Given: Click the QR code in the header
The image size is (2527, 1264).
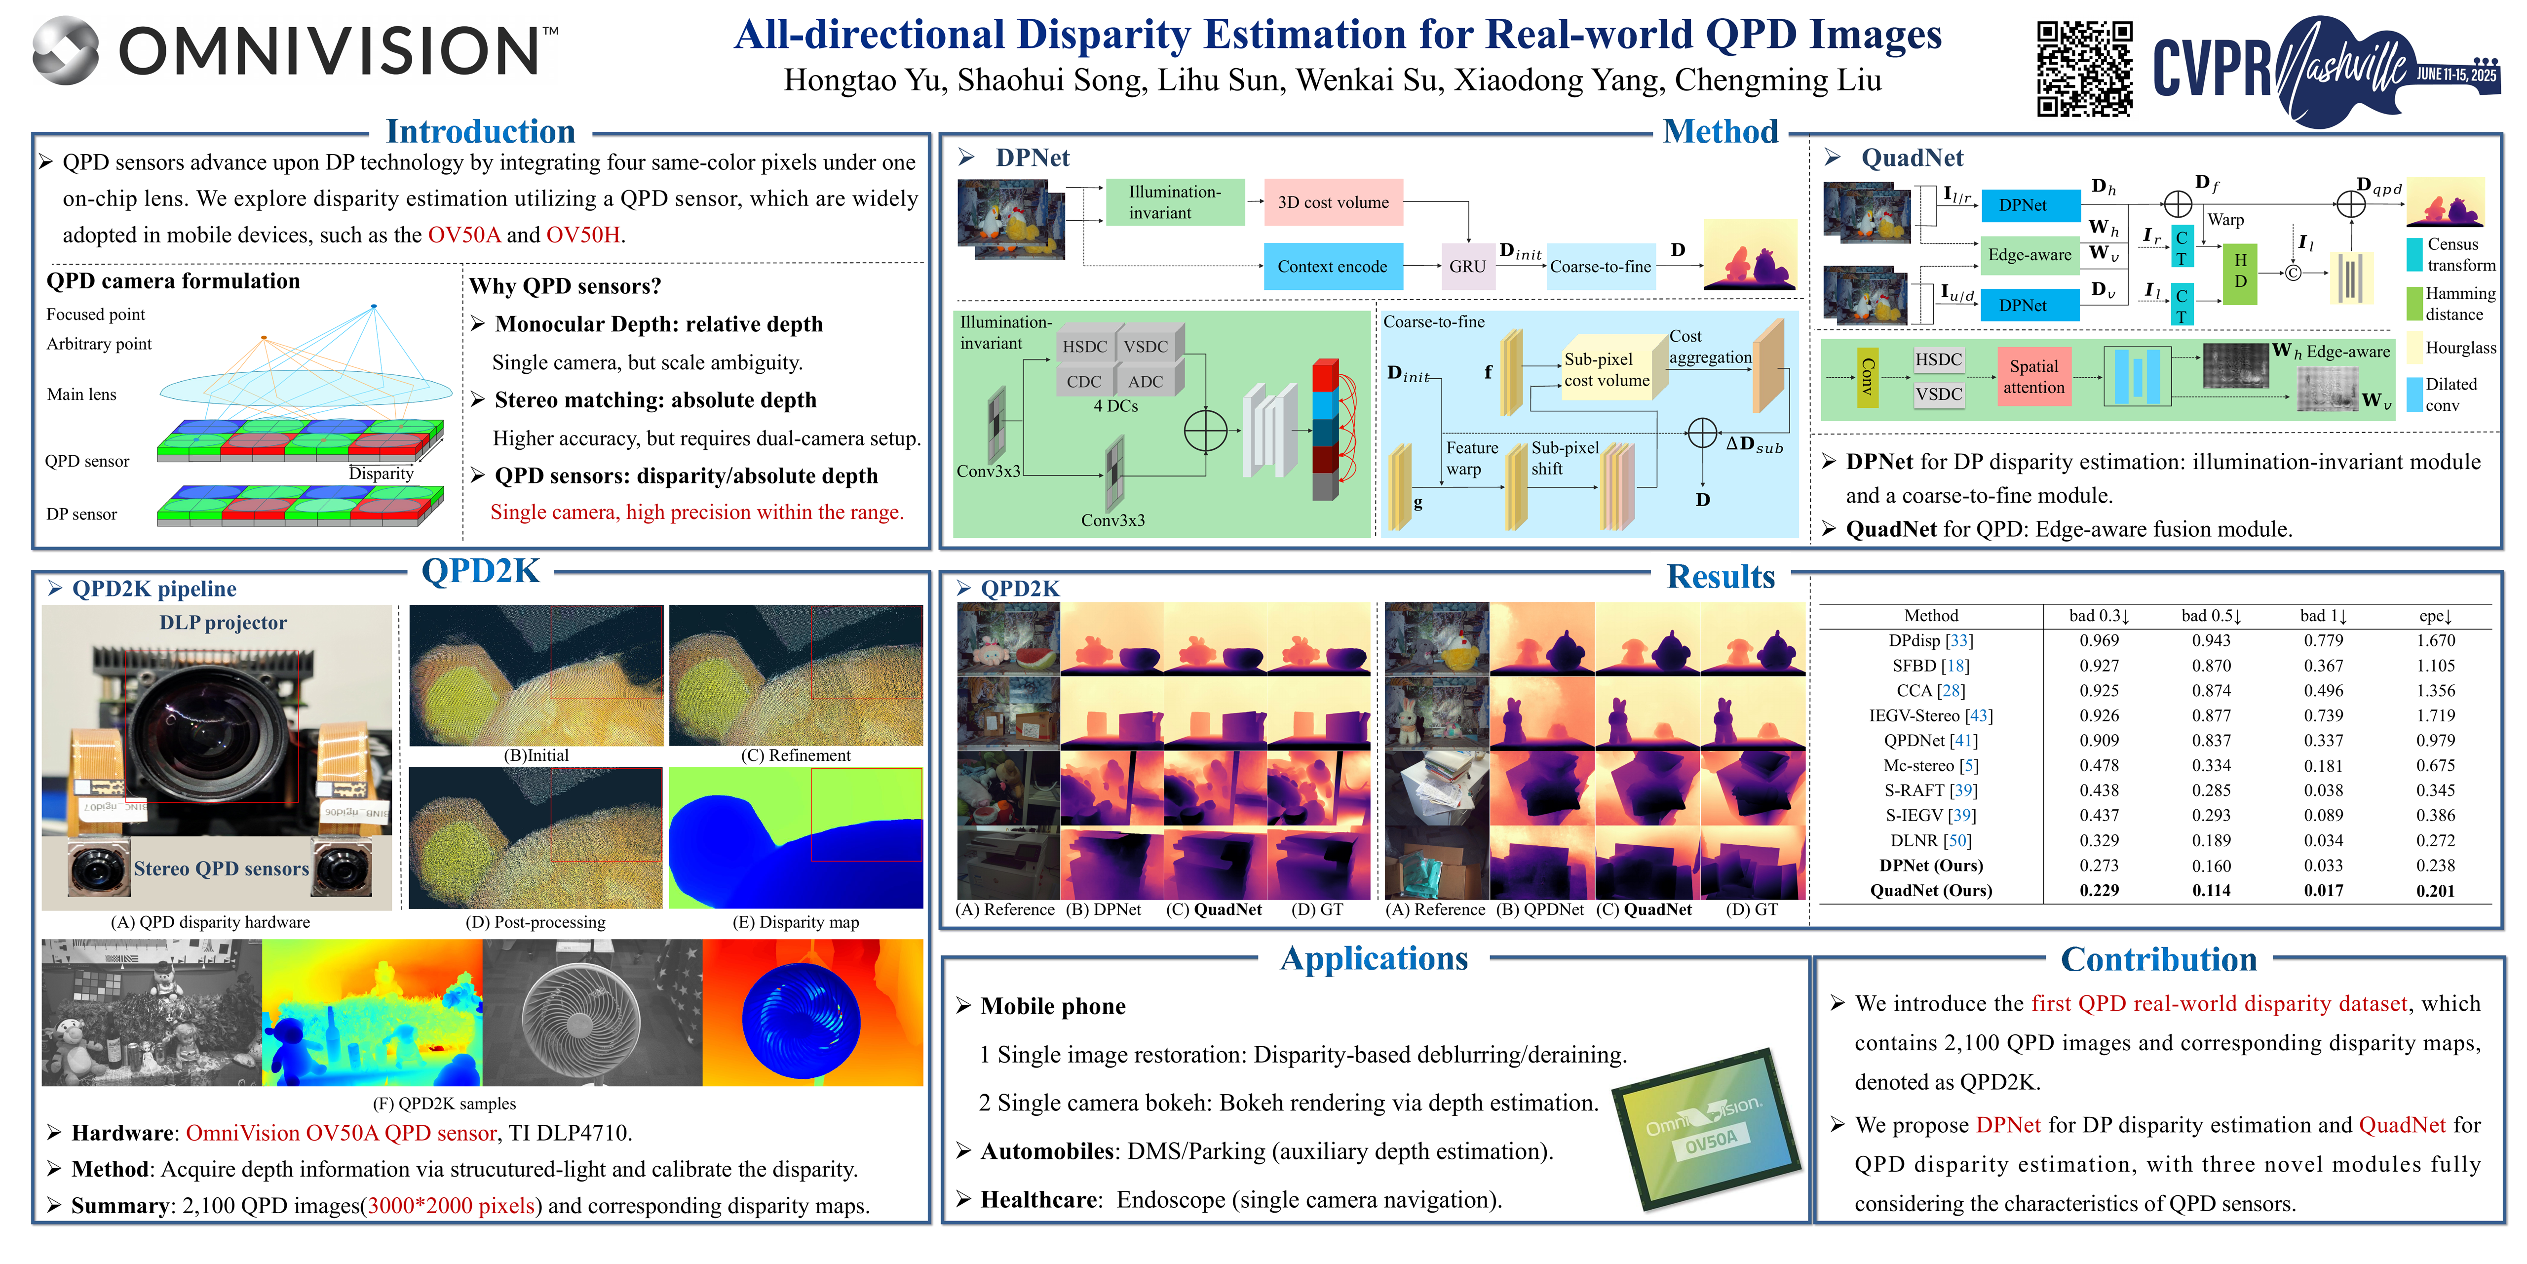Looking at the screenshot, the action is (2085, 69).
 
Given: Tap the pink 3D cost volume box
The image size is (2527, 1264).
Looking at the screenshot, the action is (1333, 202).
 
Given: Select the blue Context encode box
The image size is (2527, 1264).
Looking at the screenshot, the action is (1332, 266).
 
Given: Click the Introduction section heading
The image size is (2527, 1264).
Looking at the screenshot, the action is (481, 131).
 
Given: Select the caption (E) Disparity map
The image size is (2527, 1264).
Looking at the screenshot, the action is (796, 922).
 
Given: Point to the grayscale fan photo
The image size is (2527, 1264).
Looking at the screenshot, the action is (592, 1013).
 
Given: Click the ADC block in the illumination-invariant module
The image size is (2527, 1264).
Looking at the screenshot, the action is (1145, 381).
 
